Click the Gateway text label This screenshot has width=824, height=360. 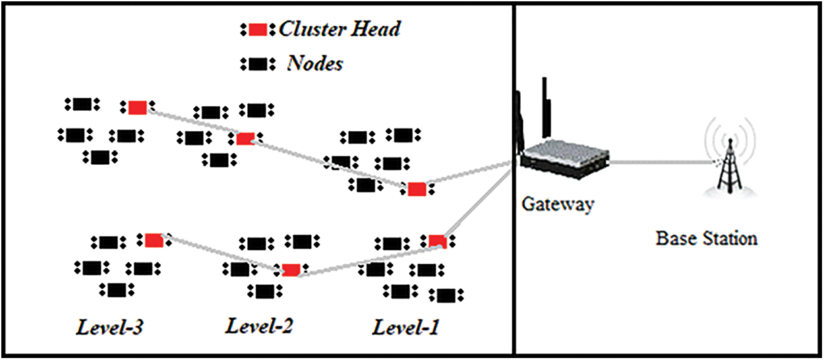coord(558,204)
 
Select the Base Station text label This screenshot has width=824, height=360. coord(706,238)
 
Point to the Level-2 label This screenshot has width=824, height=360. coord(259,326)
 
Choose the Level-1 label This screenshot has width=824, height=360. coord(406,328)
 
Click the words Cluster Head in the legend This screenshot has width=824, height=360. coord(339,29)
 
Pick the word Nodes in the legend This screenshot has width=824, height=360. coord(315,64)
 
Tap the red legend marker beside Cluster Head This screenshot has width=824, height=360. coord(258,30)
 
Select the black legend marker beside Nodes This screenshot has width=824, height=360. coord(258,64)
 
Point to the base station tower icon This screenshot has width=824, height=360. coord(728,162)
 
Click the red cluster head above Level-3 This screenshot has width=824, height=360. coord(154,241)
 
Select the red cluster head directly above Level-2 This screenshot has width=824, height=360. coord(291,270)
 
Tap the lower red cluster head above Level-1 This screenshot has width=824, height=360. coord(437,241)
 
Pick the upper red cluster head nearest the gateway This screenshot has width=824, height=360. coord(417,189)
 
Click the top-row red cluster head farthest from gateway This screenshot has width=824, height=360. coord(137,107)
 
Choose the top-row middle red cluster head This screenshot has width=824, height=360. coord(245,138)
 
